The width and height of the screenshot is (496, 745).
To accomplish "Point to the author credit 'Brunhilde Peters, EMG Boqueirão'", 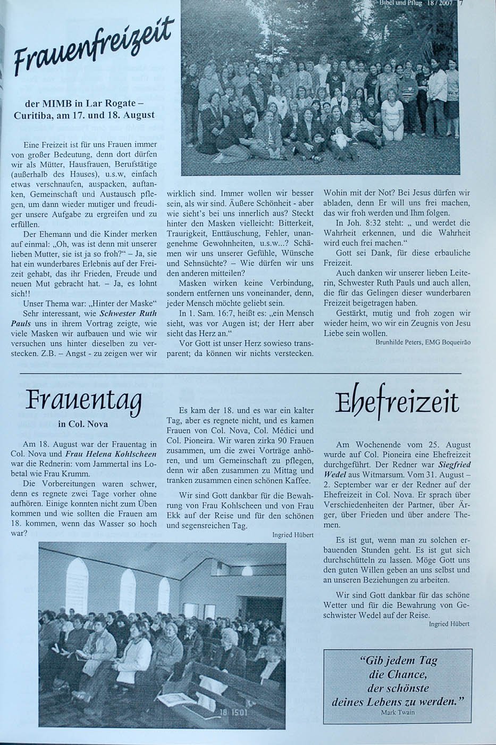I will (x=423, y=343).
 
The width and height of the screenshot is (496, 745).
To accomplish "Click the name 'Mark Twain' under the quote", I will (x=397, y=712).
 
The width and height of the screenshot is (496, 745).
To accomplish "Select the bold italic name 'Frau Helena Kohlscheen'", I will (x=111, y=454).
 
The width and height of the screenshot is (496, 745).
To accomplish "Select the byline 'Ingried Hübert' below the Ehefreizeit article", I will (x=449, y=624).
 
